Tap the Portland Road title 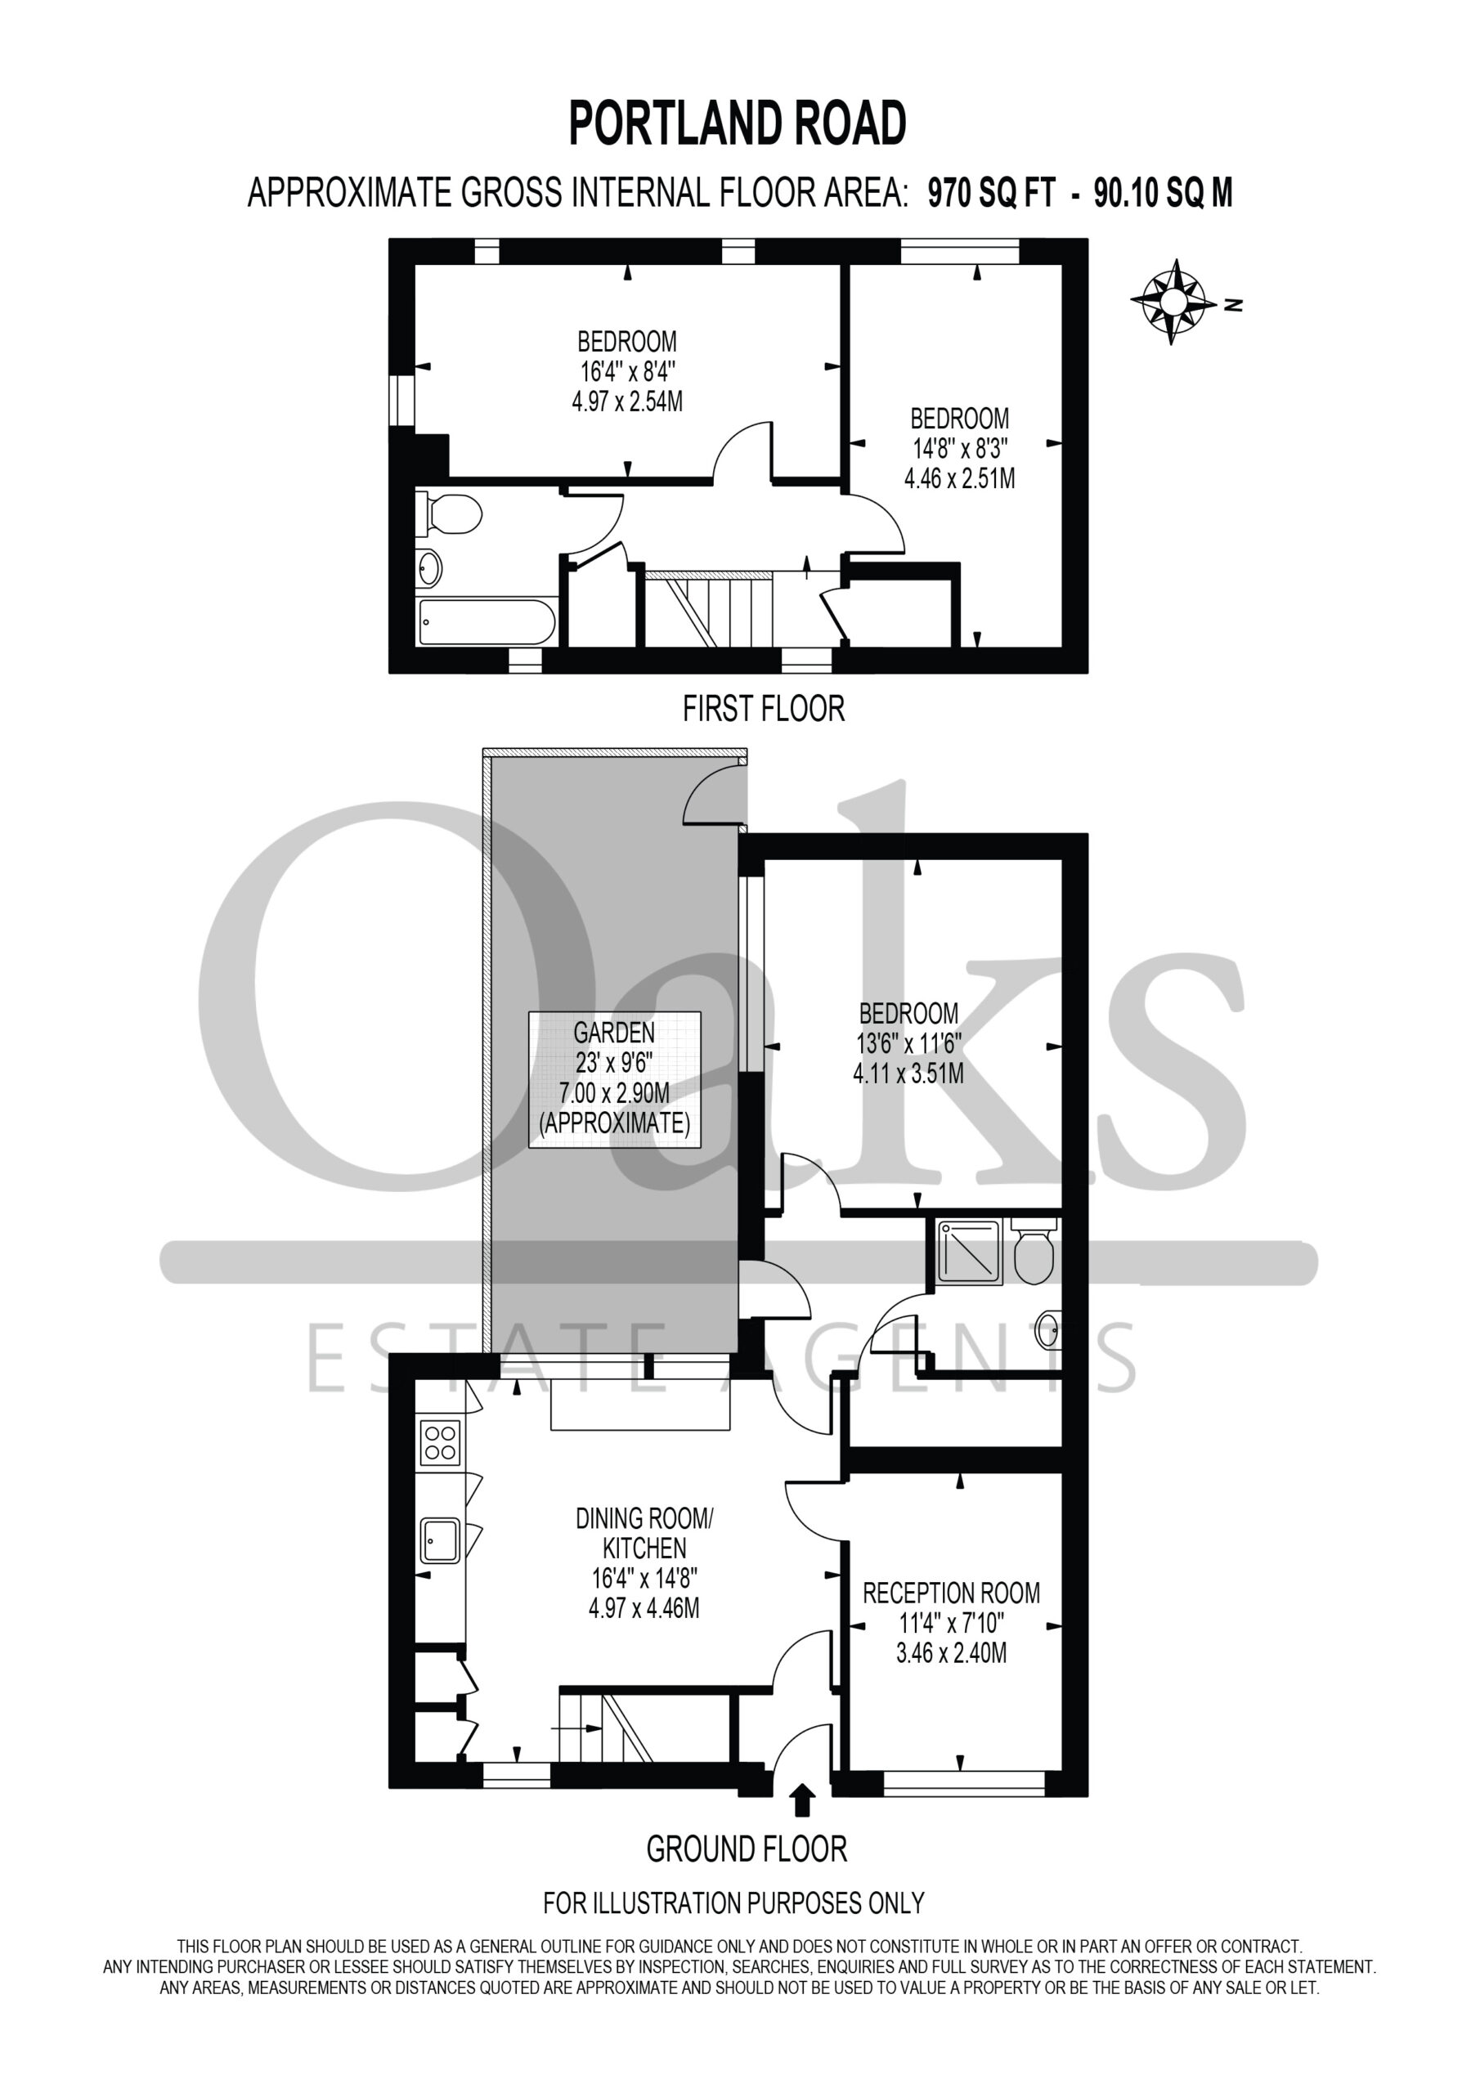coord(738,124)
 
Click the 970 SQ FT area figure coord(991,193)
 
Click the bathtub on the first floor coord(486,623)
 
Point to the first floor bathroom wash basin coord(429,570)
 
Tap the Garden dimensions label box coord(615,1078)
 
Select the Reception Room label coord(951,1593)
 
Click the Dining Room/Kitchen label coord(644,1532)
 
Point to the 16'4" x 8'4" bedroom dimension coord(627,371)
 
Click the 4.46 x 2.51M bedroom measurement coord(959,477)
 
